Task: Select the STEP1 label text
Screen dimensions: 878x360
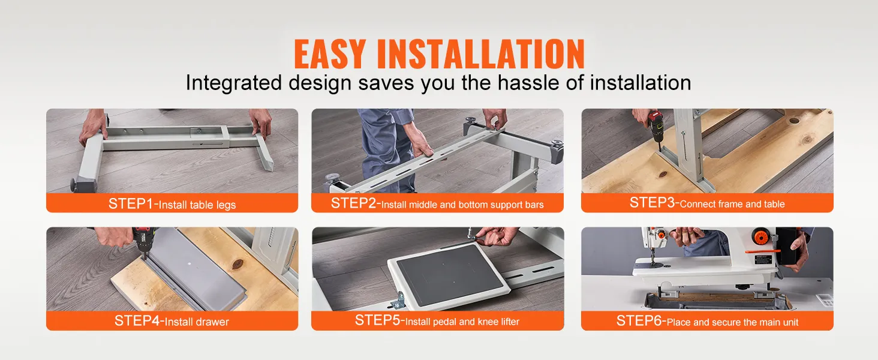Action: click(x=131, y=203)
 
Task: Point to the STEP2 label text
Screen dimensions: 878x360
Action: click(x=354, y=203)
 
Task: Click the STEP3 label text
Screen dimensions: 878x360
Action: click(x=653, y=202)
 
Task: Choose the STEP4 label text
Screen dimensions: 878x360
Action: click(x=137, y=321)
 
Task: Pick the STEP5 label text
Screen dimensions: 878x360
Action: click(x=378, y=320)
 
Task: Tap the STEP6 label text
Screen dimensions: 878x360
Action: click(x=639, y=321)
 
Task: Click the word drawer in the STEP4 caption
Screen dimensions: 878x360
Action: click(x=212, y=322)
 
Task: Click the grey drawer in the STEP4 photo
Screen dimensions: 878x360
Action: click(x=197, y=266)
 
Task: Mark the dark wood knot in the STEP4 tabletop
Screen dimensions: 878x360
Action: click(x=237, y=264)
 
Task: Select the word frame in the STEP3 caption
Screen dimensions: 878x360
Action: click(x=723, y=205)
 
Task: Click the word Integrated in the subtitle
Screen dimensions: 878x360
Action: click(x=234, y=83)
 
